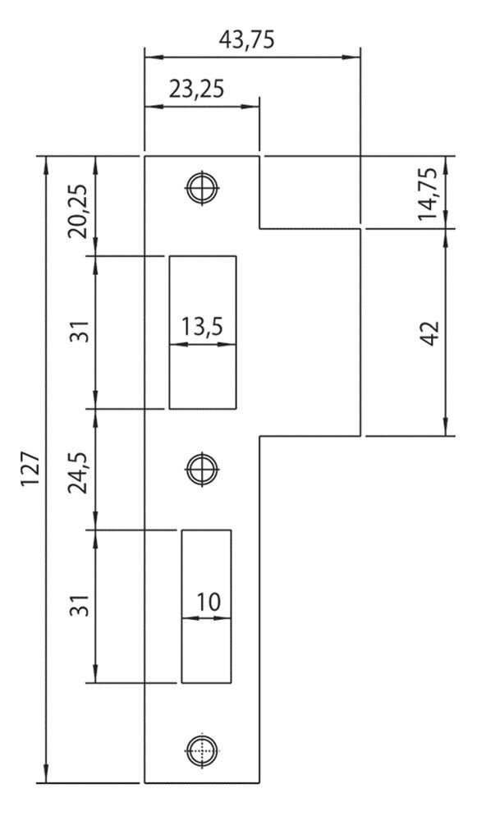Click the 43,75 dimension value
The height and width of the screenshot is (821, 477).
pyautogui.click(x=246, y=39)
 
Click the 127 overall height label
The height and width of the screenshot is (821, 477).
pyautogui.click(x=30, y=469)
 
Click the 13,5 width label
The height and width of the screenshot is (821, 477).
pyautogui.click(x=202, y=327)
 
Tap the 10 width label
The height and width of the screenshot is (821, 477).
pyautogui.click(x=209, y=602)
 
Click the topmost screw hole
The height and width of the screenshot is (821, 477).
pyautogui.click(x=203, y=187)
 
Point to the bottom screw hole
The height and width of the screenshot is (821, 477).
pyautogui.click(x=202, y=750)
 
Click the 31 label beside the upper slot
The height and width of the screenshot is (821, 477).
pyautogui.click(x=78, y=332)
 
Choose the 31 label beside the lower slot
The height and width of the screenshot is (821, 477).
pyautogui.click(x=78, y=605)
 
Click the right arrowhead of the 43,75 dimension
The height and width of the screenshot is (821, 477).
pyautogui.click(x=351, y=57)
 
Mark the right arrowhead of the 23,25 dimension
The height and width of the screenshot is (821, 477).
pyautogui.click(x=250, y=106)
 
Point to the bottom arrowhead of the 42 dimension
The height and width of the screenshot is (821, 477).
pyautogui.click(x=446, y=426)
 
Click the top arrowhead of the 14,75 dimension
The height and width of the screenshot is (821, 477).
pyautogui.click(x=446, y=166)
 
